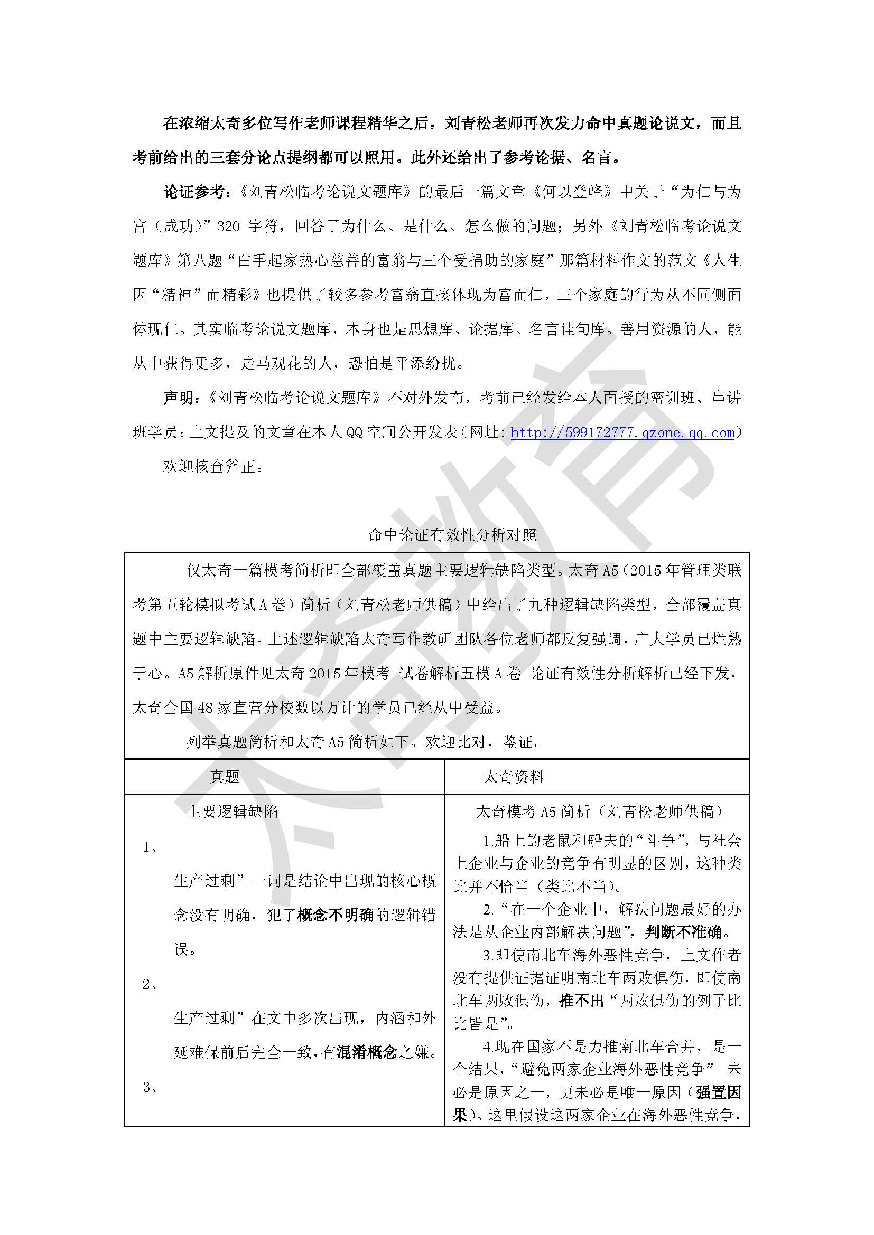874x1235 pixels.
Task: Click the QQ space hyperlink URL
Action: [622, 432]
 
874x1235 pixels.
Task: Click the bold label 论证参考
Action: [197, 192]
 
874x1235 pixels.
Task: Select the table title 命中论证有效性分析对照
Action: [452, 535]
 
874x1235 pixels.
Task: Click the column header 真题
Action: [225, 777]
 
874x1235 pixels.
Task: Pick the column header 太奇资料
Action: [514, 777]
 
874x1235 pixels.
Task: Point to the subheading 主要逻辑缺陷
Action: [232, 812]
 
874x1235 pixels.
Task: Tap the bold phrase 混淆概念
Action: [367, 1052]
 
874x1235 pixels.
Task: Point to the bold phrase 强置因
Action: [719, 1092]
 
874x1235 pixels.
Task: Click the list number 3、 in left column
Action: [150, 1087]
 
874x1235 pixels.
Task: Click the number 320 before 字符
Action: [229, 226]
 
